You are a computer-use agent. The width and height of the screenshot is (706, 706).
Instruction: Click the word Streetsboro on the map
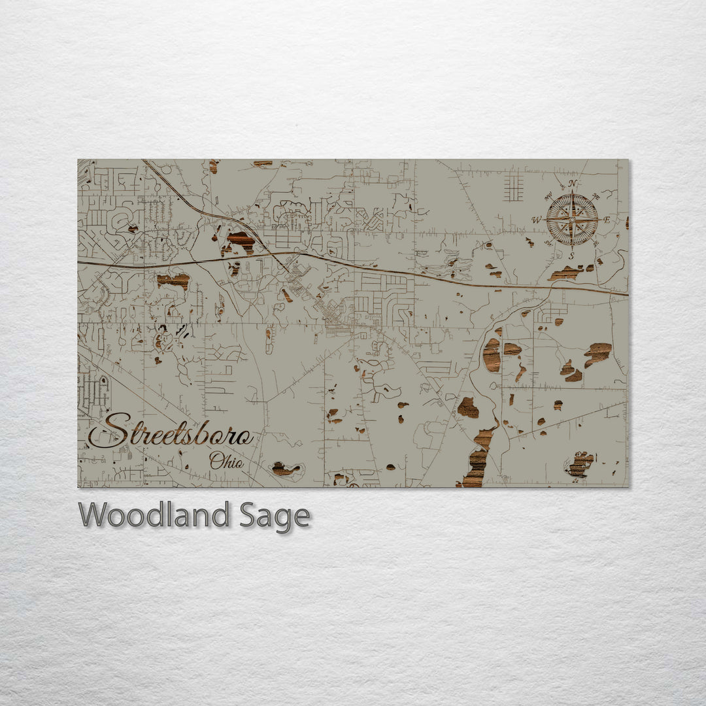(x=171, y=431)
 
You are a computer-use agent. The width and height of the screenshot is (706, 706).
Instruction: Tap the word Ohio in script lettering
(x=226, y=461)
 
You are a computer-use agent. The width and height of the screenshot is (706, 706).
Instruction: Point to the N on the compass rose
(x=573, y=184)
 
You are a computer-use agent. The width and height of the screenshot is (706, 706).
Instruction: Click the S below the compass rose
(x=571, y=256)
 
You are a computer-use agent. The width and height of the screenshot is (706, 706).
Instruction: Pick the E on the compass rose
(x=607, y=220)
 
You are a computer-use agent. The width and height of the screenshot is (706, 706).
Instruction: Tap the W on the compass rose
(x=537, y=220)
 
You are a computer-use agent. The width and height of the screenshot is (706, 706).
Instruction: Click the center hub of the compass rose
(x=572, y=220)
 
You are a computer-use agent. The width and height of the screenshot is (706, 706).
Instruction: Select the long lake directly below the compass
(x=565, y=273)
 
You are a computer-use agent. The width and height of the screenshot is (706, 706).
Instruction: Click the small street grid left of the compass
(x=513, y=186)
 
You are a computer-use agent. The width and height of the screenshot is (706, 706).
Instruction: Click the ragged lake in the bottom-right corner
(x=579, y=464)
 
